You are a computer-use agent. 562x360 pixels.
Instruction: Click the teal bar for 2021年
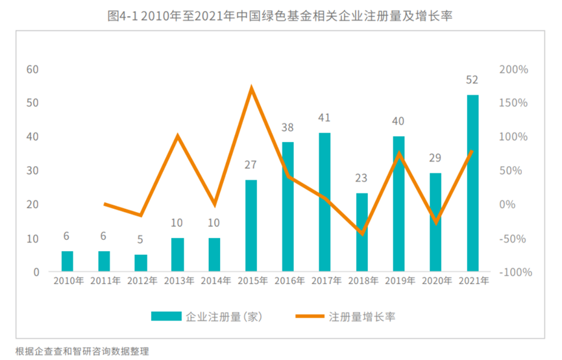tap(472, 183)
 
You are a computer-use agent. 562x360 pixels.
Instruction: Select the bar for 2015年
tap(251, 225)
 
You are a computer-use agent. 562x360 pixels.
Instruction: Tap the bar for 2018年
tap(361, 232)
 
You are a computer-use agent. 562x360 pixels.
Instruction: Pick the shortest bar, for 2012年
tap(141, 263)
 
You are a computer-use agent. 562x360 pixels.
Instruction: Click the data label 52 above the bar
tap(472, 80)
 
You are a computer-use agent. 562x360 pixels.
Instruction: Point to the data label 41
tap(324, 118)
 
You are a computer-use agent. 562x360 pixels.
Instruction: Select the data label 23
tap(361, 178)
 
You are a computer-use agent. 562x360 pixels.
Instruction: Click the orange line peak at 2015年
tap(251, 88)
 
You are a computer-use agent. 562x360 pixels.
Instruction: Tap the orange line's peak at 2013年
tap(178, 136)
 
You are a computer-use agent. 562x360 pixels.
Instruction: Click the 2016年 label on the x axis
tap(289, 281)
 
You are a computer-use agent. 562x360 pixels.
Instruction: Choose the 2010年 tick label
tap(68, 281)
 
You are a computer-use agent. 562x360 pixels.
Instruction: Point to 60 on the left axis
tap(32, 69)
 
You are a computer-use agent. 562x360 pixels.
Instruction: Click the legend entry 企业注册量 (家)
tap(224, 317)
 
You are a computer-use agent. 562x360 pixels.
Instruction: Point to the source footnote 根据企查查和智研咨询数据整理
tap(82, 351)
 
